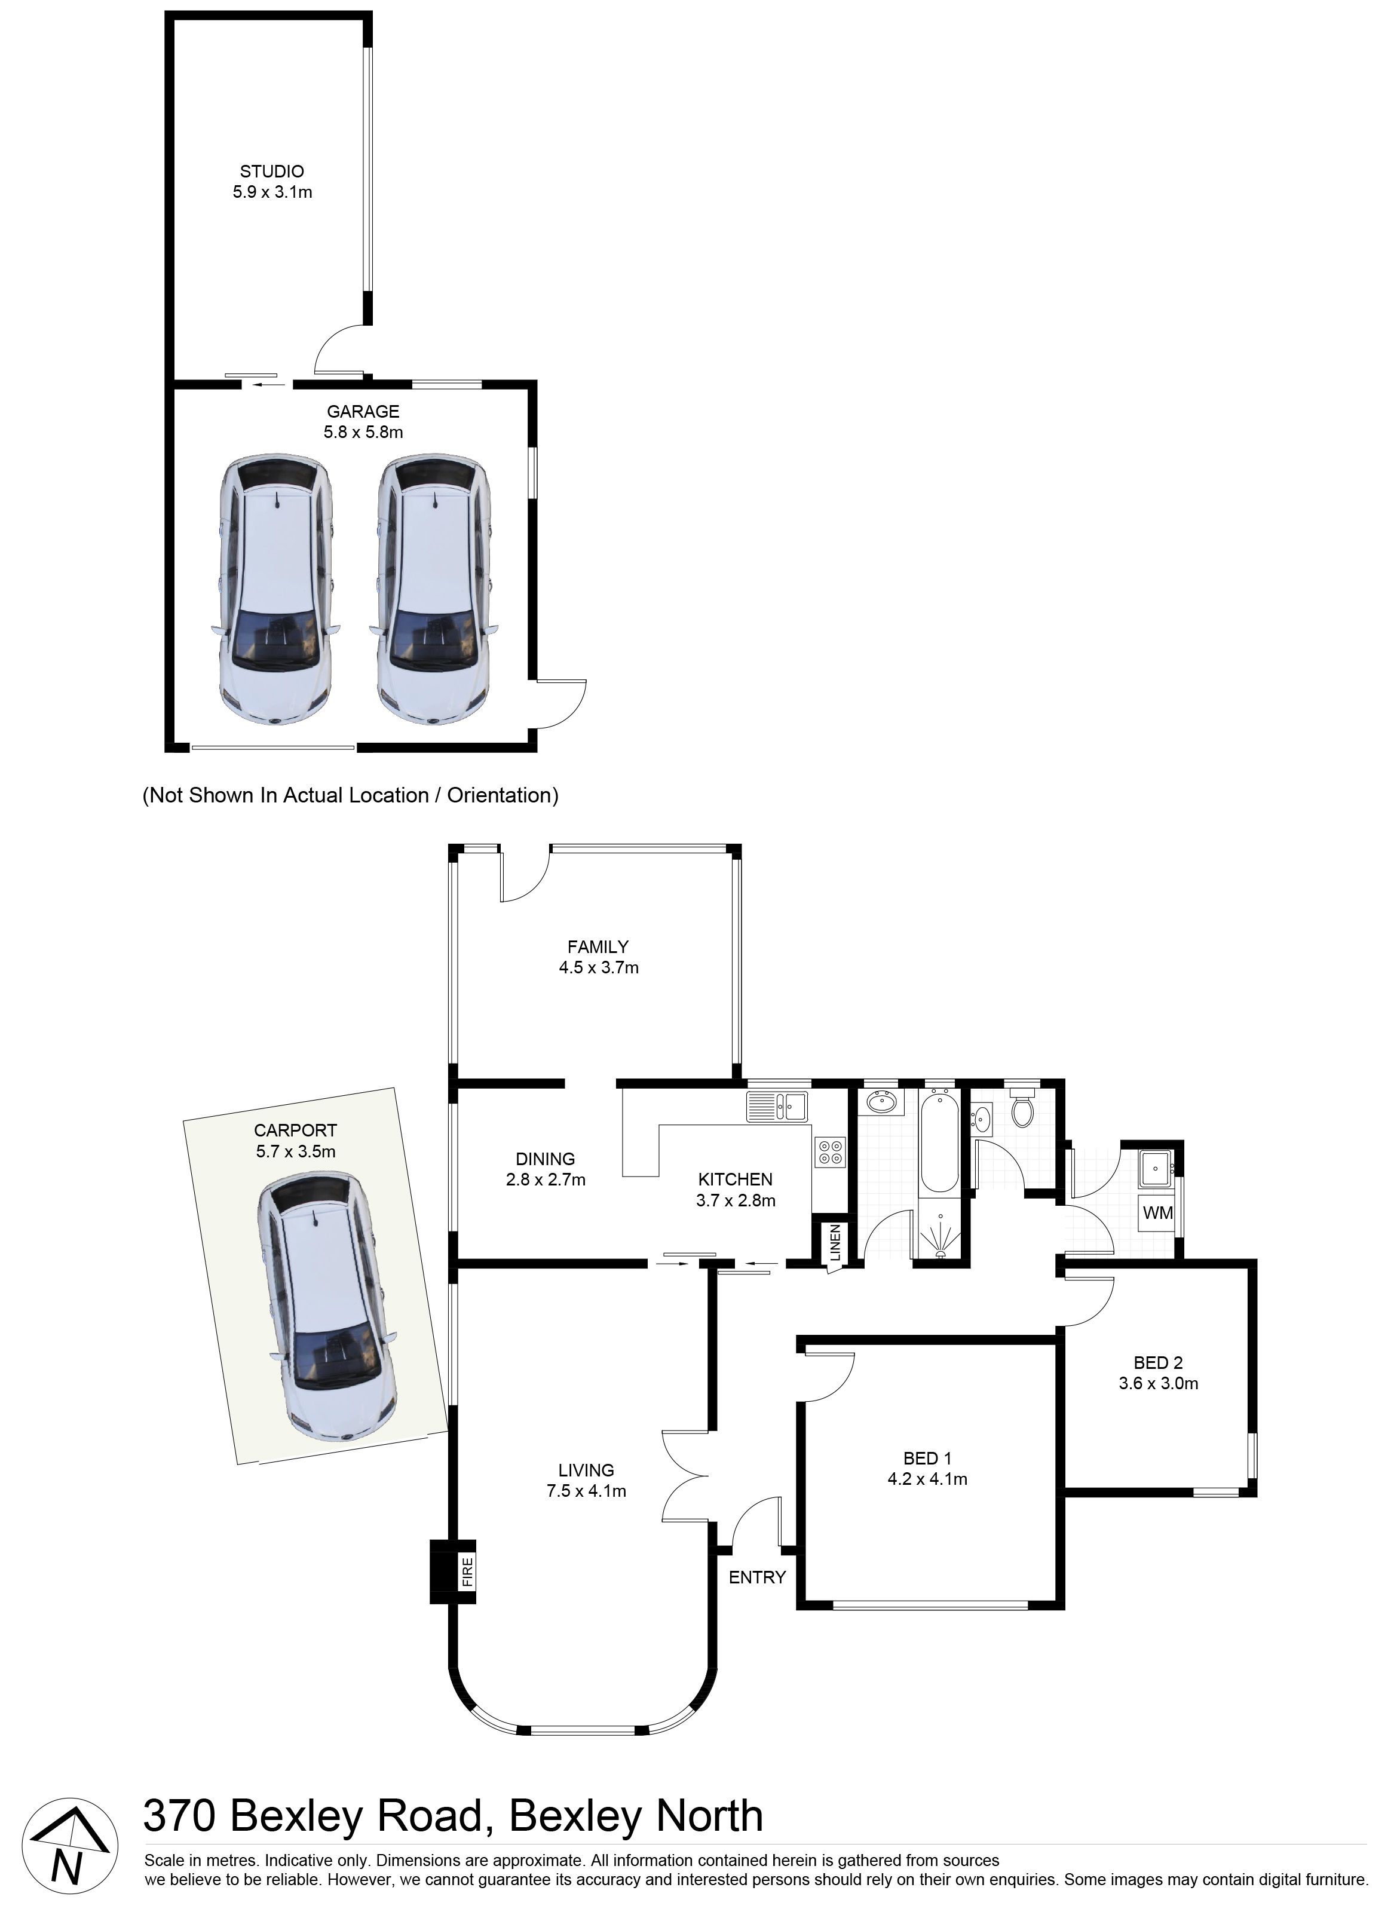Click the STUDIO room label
tap(272, 172)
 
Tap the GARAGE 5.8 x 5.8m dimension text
tap(363, 432)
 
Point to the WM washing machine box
tap(1157, 1213)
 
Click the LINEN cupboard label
tap(835, 1243)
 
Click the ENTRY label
tap(758, 1577)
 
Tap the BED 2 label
tap(1159, 1363)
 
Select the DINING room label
tap(546, 1159)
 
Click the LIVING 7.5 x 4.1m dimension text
tap(586, 1491)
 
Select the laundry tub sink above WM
tap(1157, 1169)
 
